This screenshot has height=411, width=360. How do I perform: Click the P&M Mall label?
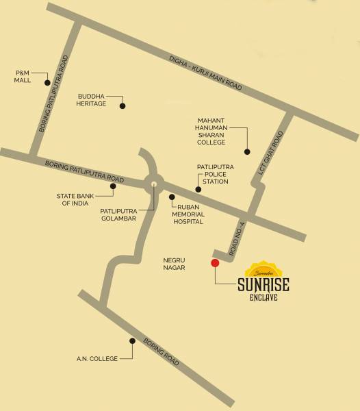point(25,75)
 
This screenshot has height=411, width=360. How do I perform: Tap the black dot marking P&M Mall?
point(47,83)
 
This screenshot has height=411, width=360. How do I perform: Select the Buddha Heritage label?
point(92,99)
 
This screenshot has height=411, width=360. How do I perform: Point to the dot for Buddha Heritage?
point(123,106)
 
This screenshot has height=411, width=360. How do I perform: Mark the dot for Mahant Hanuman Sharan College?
point(248,151)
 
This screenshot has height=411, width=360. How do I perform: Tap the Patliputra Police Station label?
point(216,173)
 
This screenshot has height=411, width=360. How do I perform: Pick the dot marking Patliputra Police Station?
point(198,190)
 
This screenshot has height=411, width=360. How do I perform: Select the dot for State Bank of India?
point(113,185)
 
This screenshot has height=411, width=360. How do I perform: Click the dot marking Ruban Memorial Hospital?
point(172,197)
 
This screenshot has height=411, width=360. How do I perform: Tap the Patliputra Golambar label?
point(118,214)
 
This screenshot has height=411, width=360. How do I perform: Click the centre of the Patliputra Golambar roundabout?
point(154,183)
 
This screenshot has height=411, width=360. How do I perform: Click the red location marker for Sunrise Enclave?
point(215,262)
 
